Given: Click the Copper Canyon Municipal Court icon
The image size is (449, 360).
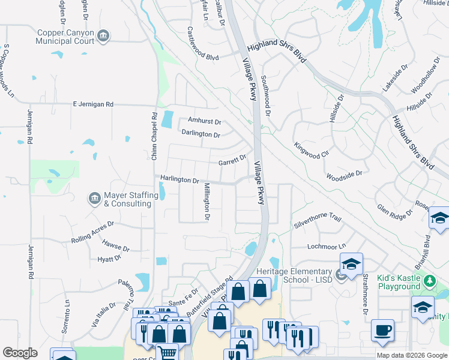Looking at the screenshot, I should click(x=103, y=37).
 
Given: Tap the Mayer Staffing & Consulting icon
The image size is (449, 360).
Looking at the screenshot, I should click(x=94, y=199).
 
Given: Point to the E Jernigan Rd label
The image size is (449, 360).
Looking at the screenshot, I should click(x=92, y=104).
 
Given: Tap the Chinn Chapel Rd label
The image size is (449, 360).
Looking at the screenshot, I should click(x=154, y=136).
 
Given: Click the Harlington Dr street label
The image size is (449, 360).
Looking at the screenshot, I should click(x=179, y=180).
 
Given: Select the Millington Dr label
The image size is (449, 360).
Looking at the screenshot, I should click(x=206, y=202).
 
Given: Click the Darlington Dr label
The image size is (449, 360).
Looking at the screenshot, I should click(x=200, y=134).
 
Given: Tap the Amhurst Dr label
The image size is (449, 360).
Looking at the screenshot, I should click(x=205, y=120).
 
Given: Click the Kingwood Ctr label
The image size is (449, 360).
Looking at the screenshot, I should click(x=312, y=150).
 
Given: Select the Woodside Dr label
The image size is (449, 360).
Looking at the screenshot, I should click(x=344, y=176).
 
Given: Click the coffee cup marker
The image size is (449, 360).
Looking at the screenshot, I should click(x=382, y=331).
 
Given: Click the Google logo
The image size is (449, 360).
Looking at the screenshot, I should click(x=20, y=353).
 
